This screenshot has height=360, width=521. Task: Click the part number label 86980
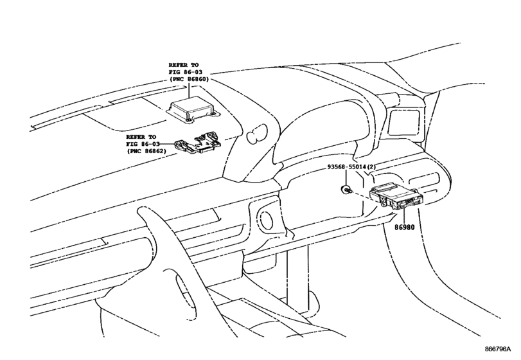coord(404,228)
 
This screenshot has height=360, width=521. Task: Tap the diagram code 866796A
coord(497,349)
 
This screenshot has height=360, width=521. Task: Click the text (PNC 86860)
coord(189,79)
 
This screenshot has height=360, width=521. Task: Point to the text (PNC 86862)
coord(146,151)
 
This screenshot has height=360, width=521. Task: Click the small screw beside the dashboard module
coord(345,190)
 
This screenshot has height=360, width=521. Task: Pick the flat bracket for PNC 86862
coord(198,143)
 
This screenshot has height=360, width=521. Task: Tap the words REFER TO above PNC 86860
coord(184,65)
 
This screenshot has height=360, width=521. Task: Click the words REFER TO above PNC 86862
coord(141,137)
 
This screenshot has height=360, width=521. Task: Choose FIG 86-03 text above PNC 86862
coord(143,144)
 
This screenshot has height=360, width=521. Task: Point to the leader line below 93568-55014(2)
coord(346,178)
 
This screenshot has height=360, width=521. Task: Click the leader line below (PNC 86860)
coord(189,90)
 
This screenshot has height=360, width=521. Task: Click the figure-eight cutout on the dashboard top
coord(257,134)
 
